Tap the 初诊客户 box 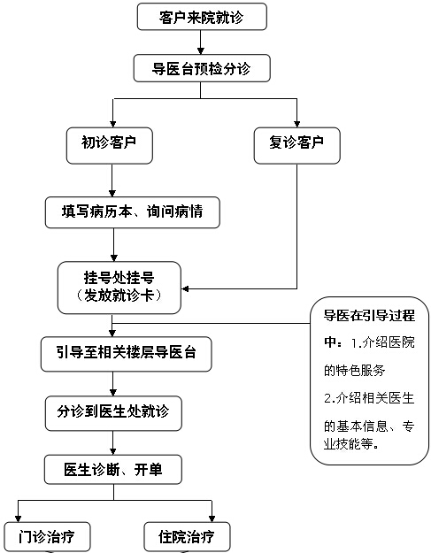pos(112,142)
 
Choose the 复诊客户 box pos(296,142)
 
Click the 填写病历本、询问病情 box pos(131,212)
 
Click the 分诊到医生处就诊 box pos(112,411)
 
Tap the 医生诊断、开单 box pos(112,469)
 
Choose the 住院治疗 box pos(187,536)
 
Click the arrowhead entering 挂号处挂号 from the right pos(187,288)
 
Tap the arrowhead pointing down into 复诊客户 pos(296,122)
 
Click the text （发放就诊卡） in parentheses pos(119,296)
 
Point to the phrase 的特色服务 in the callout pos(355,366)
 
